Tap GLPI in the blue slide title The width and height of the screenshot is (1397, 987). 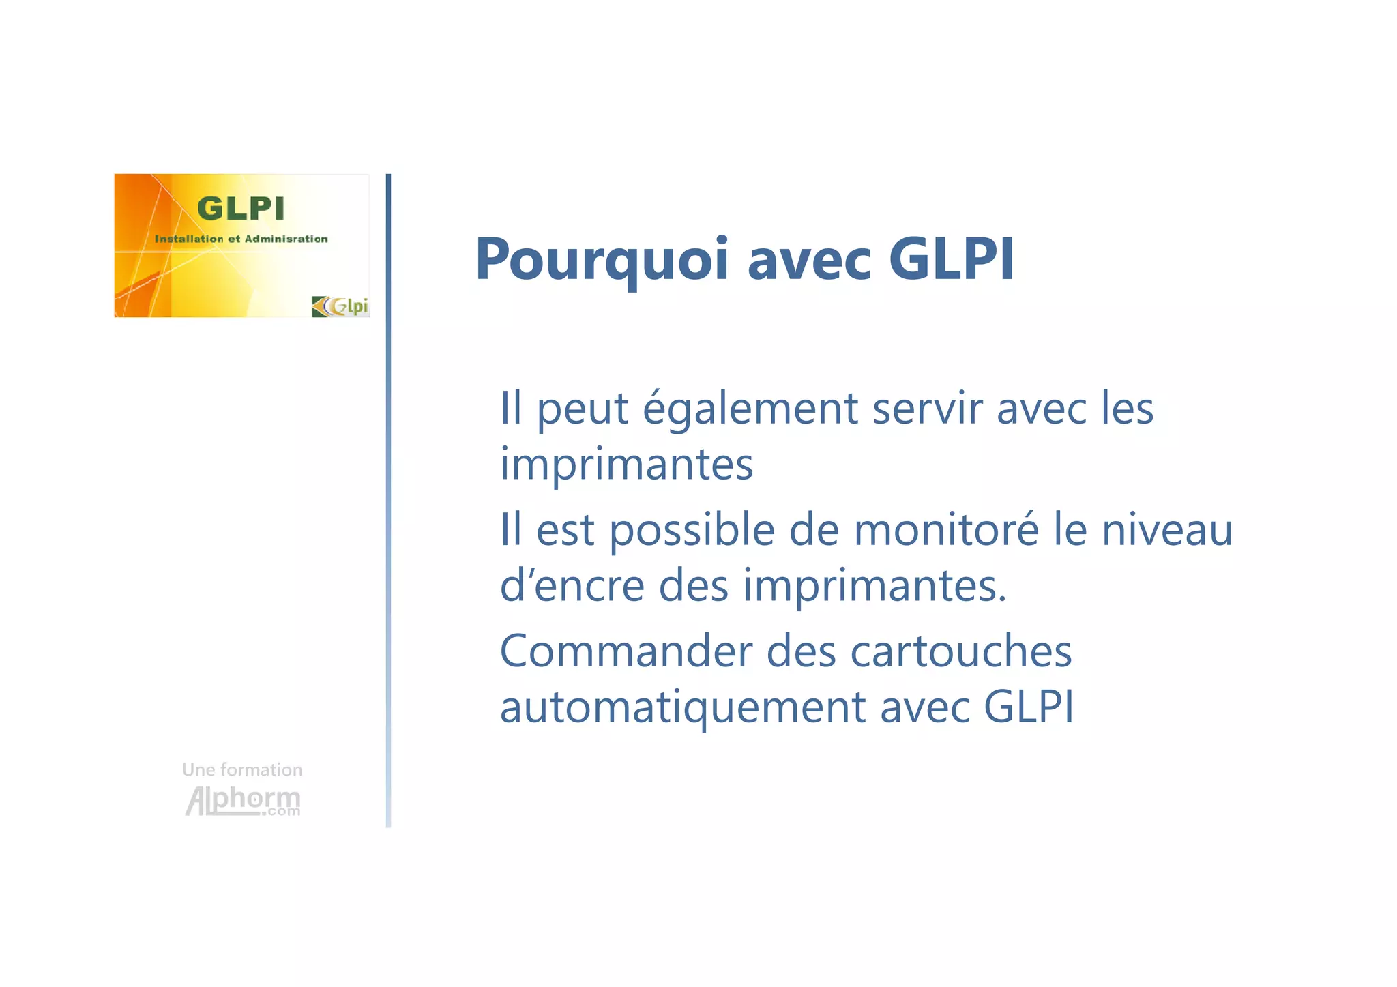952,259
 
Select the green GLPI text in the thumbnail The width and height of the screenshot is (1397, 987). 240,208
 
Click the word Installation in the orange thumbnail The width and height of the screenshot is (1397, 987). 189,239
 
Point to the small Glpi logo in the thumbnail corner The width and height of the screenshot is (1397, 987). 340,306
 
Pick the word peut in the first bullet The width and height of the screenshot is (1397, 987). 582,409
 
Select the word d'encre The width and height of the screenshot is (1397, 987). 572,585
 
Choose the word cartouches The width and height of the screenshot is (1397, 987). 961,651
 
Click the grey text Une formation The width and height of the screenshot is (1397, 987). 242,769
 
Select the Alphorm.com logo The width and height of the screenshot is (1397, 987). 243,800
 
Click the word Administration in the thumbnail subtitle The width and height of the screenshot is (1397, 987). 286,239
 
